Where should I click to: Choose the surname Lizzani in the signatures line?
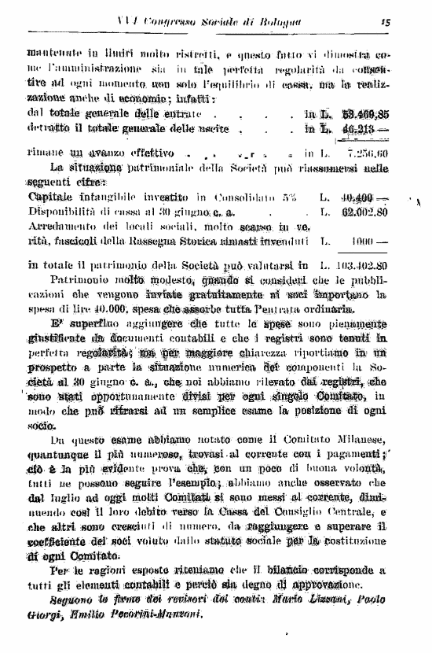click(331, 600)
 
